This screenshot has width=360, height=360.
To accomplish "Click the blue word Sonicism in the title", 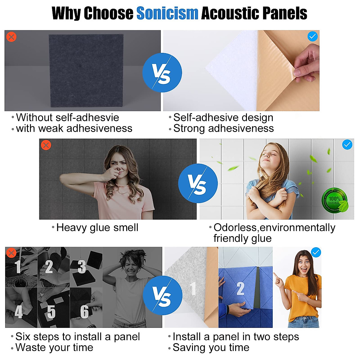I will click(167, 13).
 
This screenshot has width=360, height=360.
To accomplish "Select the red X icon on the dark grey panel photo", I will click(11, 37).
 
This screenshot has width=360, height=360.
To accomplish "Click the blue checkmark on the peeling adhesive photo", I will click(313, 37).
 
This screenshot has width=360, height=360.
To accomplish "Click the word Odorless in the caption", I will click(235, 227).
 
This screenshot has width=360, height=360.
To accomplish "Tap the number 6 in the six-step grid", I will click(84, 312).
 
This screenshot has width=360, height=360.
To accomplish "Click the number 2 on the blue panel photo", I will click(240, 289).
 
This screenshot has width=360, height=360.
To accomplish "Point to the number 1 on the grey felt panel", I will click(193, 289).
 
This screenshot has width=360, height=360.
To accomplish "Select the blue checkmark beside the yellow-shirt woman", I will click(316, 252).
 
